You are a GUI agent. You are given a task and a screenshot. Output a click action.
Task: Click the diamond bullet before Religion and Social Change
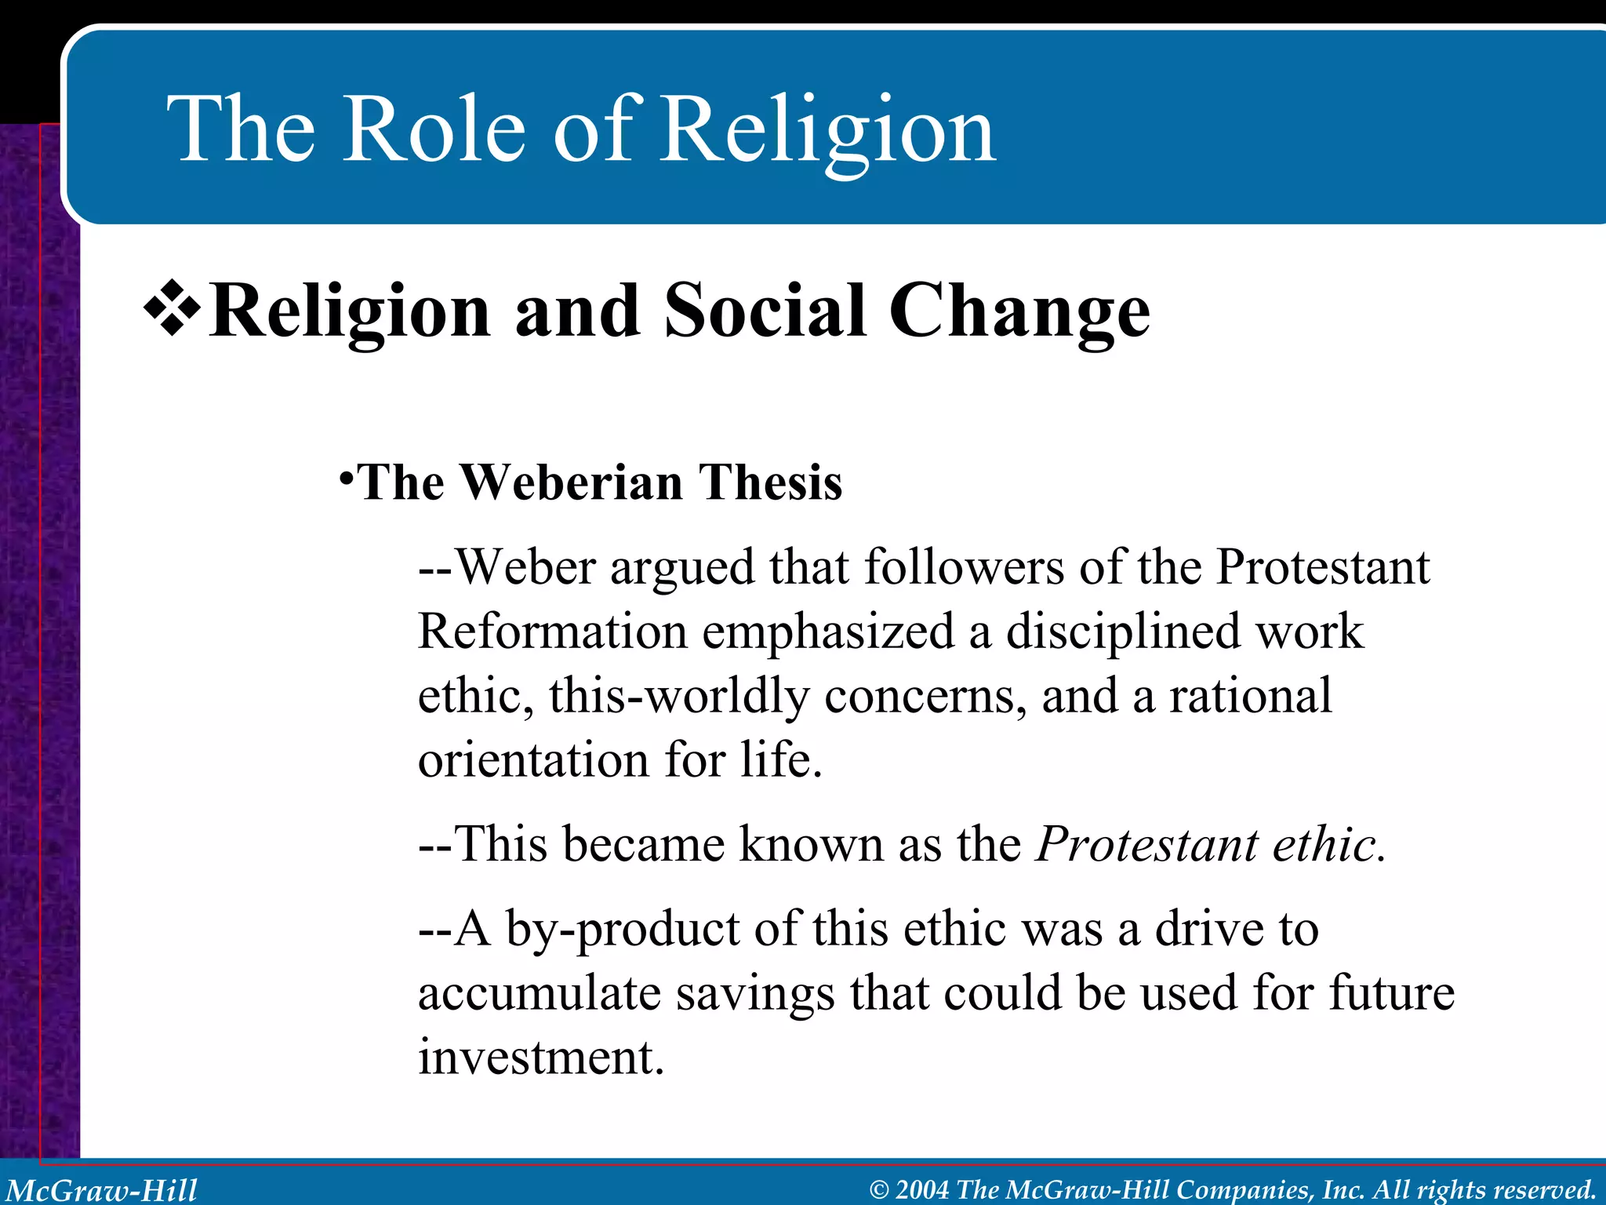pyautogui.click(x=172, y=309)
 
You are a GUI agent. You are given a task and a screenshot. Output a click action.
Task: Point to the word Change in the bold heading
pyautogui.click(x=1019, y=312)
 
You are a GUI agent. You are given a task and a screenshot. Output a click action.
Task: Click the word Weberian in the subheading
pyautogui.click(x=572, y=482)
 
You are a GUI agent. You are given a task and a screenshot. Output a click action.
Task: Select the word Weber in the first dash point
pyautogui.click(x=525, y=566)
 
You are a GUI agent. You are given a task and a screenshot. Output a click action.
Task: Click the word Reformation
pyautogui.click(x=552, y=631)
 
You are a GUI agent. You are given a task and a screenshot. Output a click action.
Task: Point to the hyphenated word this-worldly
pyautogui.click(x=679, y=696)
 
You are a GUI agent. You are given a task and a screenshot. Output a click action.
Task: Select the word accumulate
pyautogui.click(x=540, y=993)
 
